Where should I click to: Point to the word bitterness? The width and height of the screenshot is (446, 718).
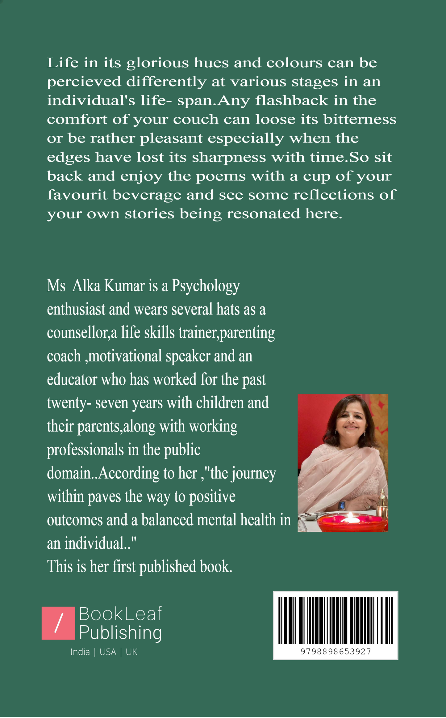pos(360,120)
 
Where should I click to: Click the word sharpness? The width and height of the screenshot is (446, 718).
pos(229,157)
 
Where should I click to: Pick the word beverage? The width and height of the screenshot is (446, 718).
pos(147,195)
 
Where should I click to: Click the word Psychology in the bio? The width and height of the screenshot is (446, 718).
pos(206,286)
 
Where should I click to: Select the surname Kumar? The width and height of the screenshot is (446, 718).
pos(124,286)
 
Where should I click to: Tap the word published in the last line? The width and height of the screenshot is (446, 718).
pos(168,567)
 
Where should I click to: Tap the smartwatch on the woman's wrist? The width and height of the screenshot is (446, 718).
pos(342,505)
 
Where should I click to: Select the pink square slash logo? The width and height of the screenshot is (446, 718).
pos(58,623)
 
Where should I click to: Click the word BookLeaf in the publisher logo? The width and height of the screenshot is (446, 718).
pos(120,614)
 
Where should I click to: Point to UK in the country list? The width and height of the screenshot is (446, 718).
pos(131,652)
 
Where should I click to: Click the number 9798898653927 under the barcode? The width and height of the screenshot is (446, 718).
pos(336,652)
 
